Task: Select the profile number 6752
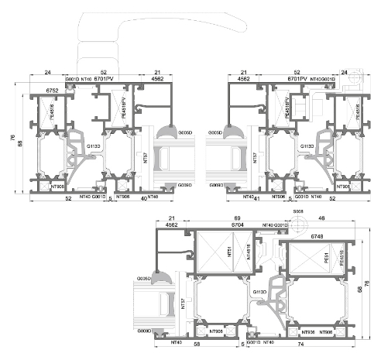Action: click(53, 91)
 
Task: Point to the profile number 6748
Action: click(318, 225)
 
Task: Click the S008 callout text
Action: click(297, 210)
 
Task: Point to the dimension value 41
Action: click(258, 199)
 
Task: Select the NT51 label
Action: click(208, 252)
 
